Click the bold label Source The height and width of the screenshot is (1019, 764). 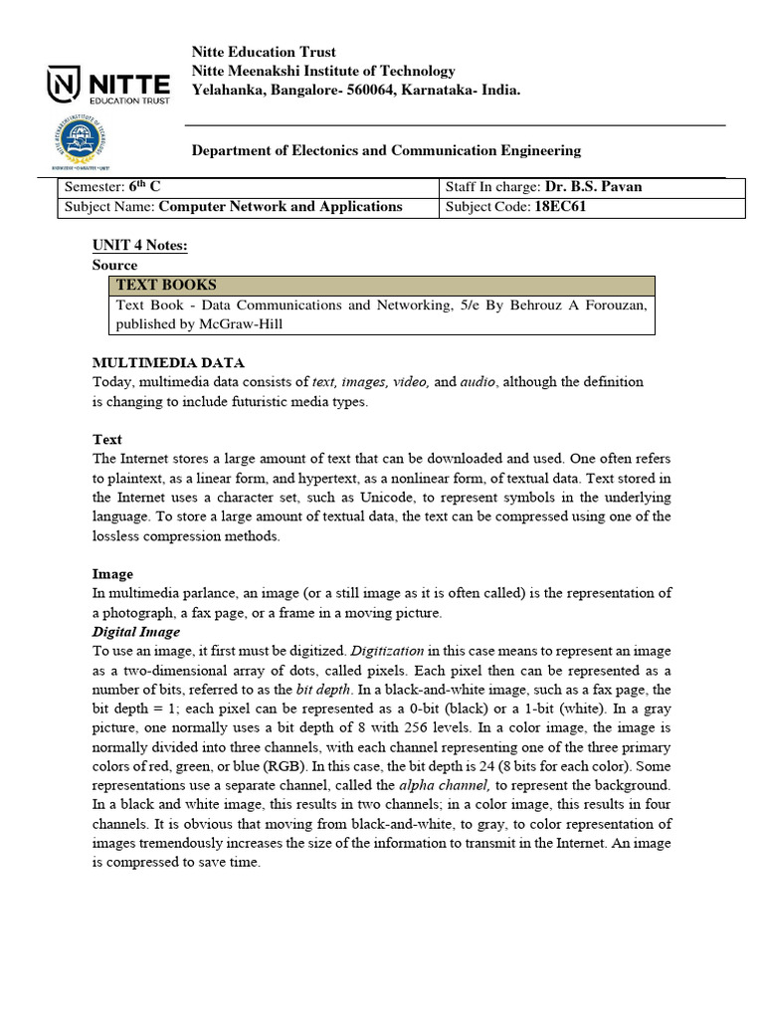click(x=115, y=266)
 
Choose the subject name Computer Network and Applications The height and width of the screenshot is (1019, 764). click(x=281, y=207)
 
